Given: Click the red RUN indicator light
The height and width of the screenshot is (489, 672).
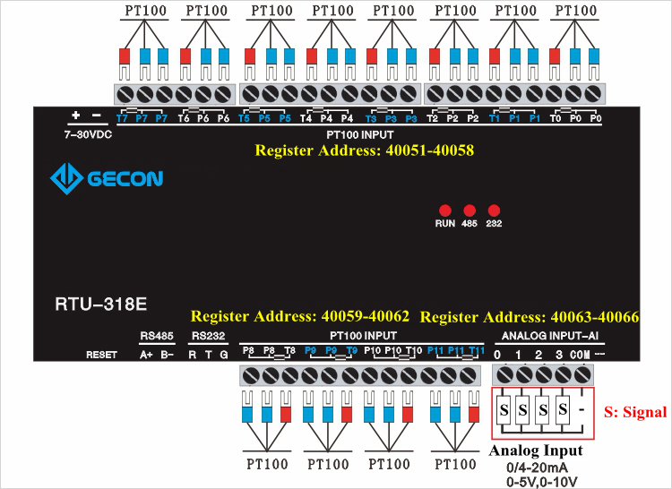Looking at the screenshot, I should click(x=444, y=210).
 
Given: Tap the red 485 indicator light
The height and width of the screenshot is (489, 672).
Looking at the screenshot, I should click(x=469, y=210).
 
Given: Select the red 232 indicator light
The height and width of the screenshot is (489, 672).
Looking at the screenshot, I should click(x=493, y=210).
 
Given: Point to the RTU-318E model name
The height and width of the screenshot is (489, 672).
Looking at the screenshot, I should click(x=94, y=303).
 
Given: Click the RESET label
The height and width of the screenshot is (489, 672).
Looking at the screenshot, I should click(x=101, y=355).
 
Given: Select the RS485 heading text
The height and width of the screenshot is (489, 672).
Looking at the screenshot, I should click(x=156, y=336).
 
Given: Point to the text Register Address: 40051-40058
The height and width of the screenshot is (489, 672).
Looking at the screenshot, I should click(x=364, y=150).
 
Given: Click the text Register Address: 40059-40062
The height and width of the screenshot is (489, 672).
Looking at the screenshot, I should click(x=300, y=316).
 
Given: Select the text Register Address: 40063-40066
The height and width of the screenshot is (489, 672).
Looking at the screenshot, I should click(x=529, y=317).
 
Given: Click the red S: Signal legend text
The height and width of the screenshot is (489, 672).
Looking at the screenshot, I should click(x=635, y=413).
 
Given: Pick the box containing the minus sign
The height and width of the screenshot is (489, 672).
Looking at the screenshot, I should click(x=582, y=410).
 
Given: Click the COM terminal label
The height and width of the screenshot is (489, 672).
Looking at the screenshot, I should click(x=580, y=355).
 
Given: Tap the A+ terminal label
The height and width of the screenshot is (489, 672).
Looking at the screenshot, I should click(x=146, y=355).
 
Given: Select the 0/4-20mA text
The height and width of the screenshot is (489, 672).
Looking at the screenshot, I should click(x=536, y=467).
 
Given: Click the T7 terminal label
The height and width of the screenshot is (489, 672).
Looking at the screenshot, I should click(x=122, y=118).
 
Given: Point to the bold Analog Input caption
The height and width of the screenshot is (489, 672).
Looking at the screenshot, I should click(x=536, y=450).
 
